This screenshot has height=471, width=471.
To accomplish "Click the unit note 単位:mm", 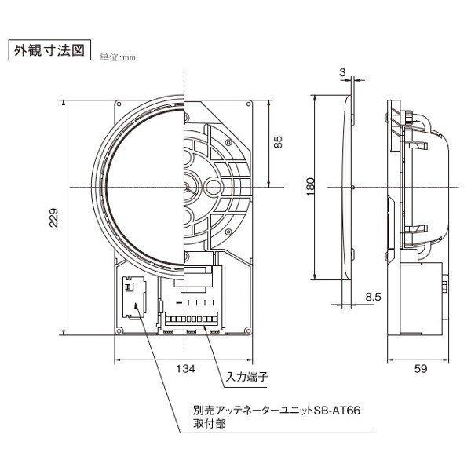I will point(119,57).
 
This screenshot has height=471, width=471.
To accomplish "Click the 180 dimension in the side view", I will point(311,187).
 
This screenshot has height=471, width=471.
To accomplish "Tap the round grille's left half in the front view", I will point(141,187).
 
